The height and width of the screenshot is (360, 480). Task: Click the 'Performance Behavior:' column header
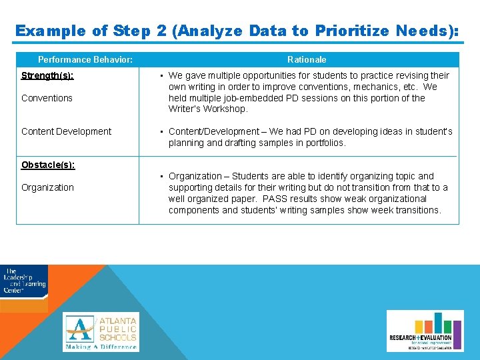85,60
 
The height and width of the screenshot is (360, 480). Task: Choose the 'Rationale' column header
307,60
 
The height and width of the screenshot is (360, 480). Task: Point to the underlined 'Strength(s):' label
47,75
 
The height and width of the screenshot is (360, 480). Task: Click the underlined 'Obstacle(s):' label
48,165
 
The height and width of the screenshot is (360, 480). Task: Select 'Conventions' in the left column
47,98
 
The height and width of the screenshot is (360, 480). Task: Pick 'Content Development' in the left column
66,131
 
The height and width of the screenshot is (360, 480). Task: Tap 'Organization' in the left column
47,187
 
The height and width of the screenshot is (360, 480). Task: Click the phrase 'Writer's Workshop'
208,109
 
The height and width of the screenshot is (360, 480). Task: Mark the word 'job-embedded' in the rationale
255,98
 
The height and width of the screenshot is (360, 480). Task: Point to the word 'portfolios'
324,143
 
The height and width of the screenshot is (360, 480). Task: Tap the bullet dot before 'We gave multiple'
162,75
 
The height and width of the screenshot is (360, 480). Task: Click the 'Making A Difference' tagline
101,347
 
